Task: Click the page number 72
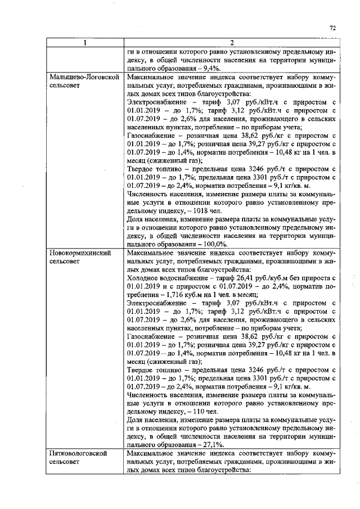(x=332, y=28)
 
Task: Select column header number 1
(x=84, y=43)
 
